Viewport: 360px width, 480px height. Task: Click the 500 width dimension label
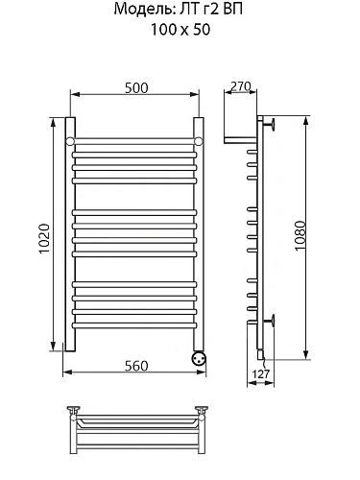pyautogui.click(x=136, y=88)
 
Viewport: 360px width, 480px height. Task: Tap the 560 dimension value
pyautogui.click(x=136, y=366)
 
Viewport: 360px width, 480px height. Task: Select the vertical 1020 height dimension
pyautogui.click(x=44, y=238)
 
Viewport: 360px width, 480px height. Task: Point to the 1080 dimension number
pyautogui.click(x=300, y=235)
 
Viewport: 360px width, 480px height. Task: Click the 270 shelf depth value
pyautogui.click(x=240, y=86)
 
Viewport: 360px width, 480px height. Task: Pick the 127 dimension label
pyautogui.click(x=261, y=373)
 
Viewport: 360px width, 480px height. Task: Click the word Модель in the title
pyautogui.click(x=143, y=10)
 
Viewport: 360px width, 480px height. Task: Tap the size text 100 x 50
pyautogui.click(x=180, y=30)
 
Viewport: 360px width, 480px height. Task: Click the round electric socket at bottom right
pyautogui.click(x=199, y=358)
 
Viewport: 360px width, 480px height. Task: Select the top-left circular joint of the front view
pyautogui.click(x=70, y=141)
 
